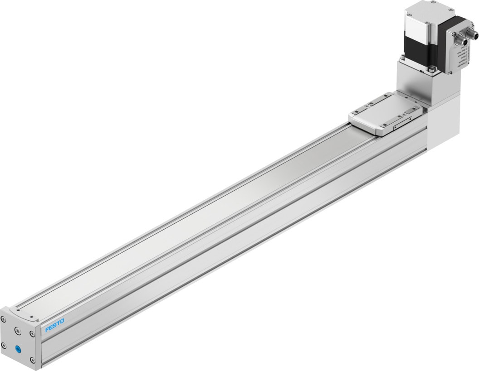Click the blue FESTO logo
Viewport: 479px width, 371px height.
[x=54, y=325]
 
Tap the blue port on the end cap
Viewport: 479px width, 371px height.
[x=19, y=349]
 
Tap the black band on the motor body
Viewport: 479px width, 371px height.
[x=419, y=51]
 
